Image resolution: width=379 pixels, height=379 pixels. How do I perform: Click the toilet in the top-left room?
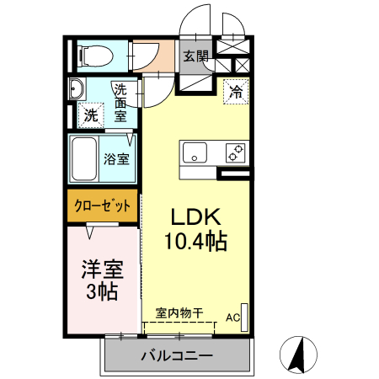(93, 56)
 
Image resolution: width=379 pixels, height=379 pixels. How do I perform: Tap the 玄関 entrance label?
(195, 56)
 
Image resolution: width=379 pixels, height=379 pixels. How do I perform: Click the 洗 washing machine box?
(89, 115)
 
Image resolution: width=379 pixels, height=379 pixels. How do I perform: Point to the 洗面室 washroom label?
(121, 102)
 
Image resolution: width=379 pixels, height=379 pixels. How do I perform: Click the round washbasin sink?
(76, 88)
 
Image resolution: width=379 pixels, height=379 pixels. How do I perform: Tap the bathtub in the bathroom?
(83, 158)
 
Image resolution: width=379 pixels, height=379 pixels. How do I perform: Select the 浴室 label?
(116, 158)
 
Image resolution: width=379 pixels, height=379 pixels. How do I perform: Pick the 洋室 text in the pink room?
(102, 270)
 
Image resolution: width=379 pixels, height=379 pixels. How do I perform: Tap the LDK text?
(195, 215)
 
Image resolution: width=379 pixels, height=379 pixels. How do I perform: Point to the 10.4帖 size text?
(195, 243)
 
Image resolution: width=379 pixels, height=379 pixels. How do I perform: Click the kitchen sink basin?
(196, 153)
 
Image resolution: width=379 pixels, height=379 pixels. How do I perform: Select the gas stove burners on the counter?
(235, 153)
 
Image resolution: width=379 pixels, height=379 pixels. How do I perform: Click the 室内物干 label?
(179, 312)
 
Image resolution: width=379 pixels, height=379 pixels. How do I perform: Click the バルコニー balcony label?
(177, 355)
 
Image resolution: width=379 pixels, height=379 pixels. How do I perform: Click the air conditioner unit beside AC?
(245, 313)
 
